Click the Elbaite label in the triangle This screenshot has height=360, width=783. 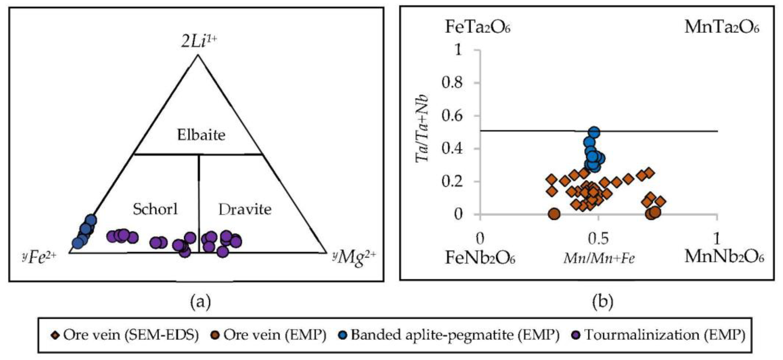201,135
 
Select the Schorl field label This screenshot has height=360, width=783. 155,209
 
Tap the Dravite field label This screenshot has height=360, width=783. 245,209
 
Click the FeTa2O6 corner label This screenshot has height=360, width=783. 478,27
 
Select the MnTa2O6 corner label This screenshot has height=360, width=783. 722,27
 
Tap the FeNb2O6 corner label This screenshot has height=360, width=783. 480,258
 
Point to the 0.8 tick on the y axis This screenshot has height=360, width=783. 452,83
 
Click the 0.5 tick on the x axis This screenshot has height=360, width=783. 598,239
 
